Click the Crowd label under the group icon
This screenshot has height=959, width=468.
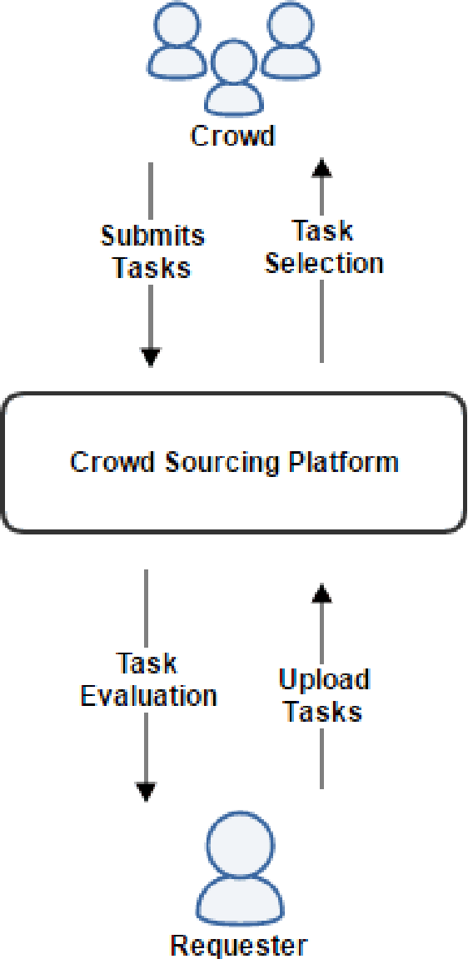pyautogui.click(x=232, y=136)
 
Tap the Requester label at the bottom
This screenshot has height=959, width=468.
pyautogui.click(x=238, y=945)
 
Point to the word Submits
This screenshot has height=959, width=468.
pyautogui.click(x=152, y=236)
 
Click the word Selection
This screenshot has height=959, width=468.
pyautogui.click(x=324, y=264)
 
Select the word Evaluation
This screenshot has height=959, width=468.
pyautogui.click(x=149, y=696)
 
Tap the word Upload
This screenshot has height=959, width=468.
pyautogui.click(x=323, y=680)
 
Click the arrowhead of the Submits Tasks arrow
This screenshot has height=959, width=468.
pyautogui.click(x=150, y=358)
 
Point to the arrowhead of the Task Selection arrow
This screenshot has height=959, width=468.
pyautogui.click(x=321, y=168)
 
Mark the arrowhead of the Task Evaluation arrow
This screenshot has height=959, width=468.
pyautogui.click(x=146, y=792)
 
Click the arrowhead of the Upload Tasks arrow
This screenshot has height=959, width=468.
pyautogui.click(x=321, y=592)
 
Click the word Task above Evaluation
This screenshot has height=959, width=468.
pyautogui.click(x=147, y=663)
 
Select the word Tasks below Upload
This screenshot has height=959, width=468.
pyautogui.click(x=323, y=713)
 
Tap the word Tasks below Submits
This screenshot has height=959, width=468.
pyautogui.click(x=152, y=268)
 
